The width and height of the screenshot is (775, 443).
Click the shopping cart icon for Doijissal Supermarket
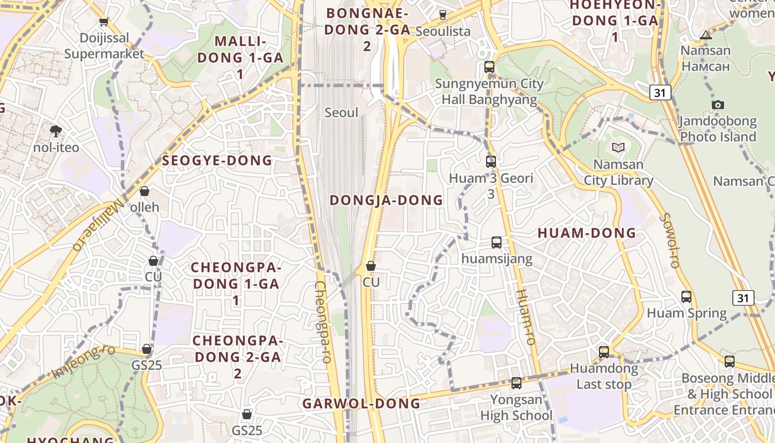pyautogui.click(x=104, y=22)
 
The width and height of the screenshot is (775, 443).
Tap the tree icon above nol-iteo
pyautogui.click(x=55, y=131)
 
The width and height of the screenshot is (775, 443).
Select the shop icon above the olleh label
pyautogui.click(x=144, y=192)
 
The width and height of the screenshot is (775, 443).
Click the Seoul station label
pyautogui.click(x=341, y=113)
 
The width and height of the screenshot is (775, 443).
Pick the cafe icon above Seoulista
pyautogui.click(x=442, y=15)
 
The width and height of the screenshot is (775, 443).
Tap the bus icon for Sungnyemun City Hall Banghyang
pyautogui.click(x=489, y=67)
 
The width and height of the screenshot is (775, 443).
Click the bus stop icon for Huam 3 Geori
pyautogui.click(x=491, y=162)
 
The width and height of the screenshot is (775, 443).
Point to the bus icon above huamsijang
pyautogui.click(x=497, y=243)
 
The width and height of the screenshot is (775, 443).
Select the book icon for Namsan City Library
pyautogui.click(x=618, y=148)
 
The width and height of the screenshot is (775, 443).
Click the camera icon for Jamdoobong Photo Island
pyautogui.click(x=718, y=105)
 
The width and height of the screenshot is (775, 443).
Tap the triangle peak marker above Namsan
pyautogui.click(x=706, y=35)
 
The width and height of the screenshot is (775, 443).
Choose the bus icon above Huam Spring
pyautogui.click(x=686, y=297)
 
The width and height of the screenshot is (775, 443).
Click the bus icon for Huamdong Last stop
pyautogui.click(x=604, y=352)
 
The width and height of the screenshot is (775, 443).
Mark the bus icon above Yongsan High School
pyautogui.click(x=516, y=383)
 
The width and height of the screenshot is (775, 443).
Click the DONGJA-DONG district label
pyautogui.click(x=386, y=200)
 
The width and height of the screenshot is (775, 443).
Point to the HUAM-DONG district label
pyautogui.click(x=587, y=233)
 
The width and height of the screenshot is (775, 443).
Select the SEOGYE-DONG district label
pyautogui.click(x=217, y=161)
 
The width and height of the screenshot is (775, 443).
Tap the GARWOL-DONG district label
pyautogui.click(x=361, y=404)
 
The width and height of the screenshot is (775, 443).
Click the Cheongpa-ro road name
pyautogui.click(x=322, y=321)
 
